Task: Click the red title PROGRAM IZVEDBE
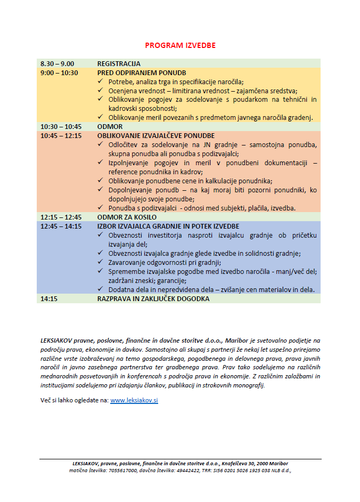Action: [x=180, y=45]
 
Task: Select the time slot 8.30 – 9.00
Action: [x=57, y=64]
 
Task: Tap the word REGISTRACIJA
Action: [x=119, y=64]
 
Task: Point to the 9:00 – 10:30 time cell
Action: [x=59, y=73]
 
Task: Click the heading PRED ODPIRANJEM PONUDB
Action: [x=142, y=73]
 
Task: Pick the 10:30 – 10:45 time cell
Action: [x=61, y=127]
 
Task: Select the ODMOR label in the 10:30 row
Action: [x=110, y=127]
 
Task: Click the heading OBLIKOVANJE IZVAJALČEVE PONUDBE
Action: [x=156, y=136]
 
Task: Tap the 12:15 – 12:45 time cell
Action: [x=61, y=217]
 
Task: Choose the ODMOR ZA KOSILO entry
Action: [x=127, y=217]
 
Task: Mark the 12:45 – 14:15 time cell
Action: [x=61, y=226]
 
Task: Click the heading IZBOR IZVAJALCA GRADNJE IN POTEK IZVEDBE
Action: [x=168, y=226]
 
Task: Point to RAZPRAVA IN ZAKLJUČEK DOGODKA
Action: [x=153, y=299]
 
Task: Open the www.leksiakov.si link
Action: [x=134, y=400]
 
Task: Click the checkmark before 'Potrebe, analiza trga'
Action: [x=102, y=82]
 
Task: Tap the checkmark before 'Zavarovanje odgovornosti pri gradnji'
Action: [x=102, y=262]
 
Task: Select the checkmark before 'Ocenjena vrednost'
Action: [x=102, y=91]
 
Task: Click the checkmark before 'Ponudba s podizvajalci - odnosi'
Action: [x=102, y=208]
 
